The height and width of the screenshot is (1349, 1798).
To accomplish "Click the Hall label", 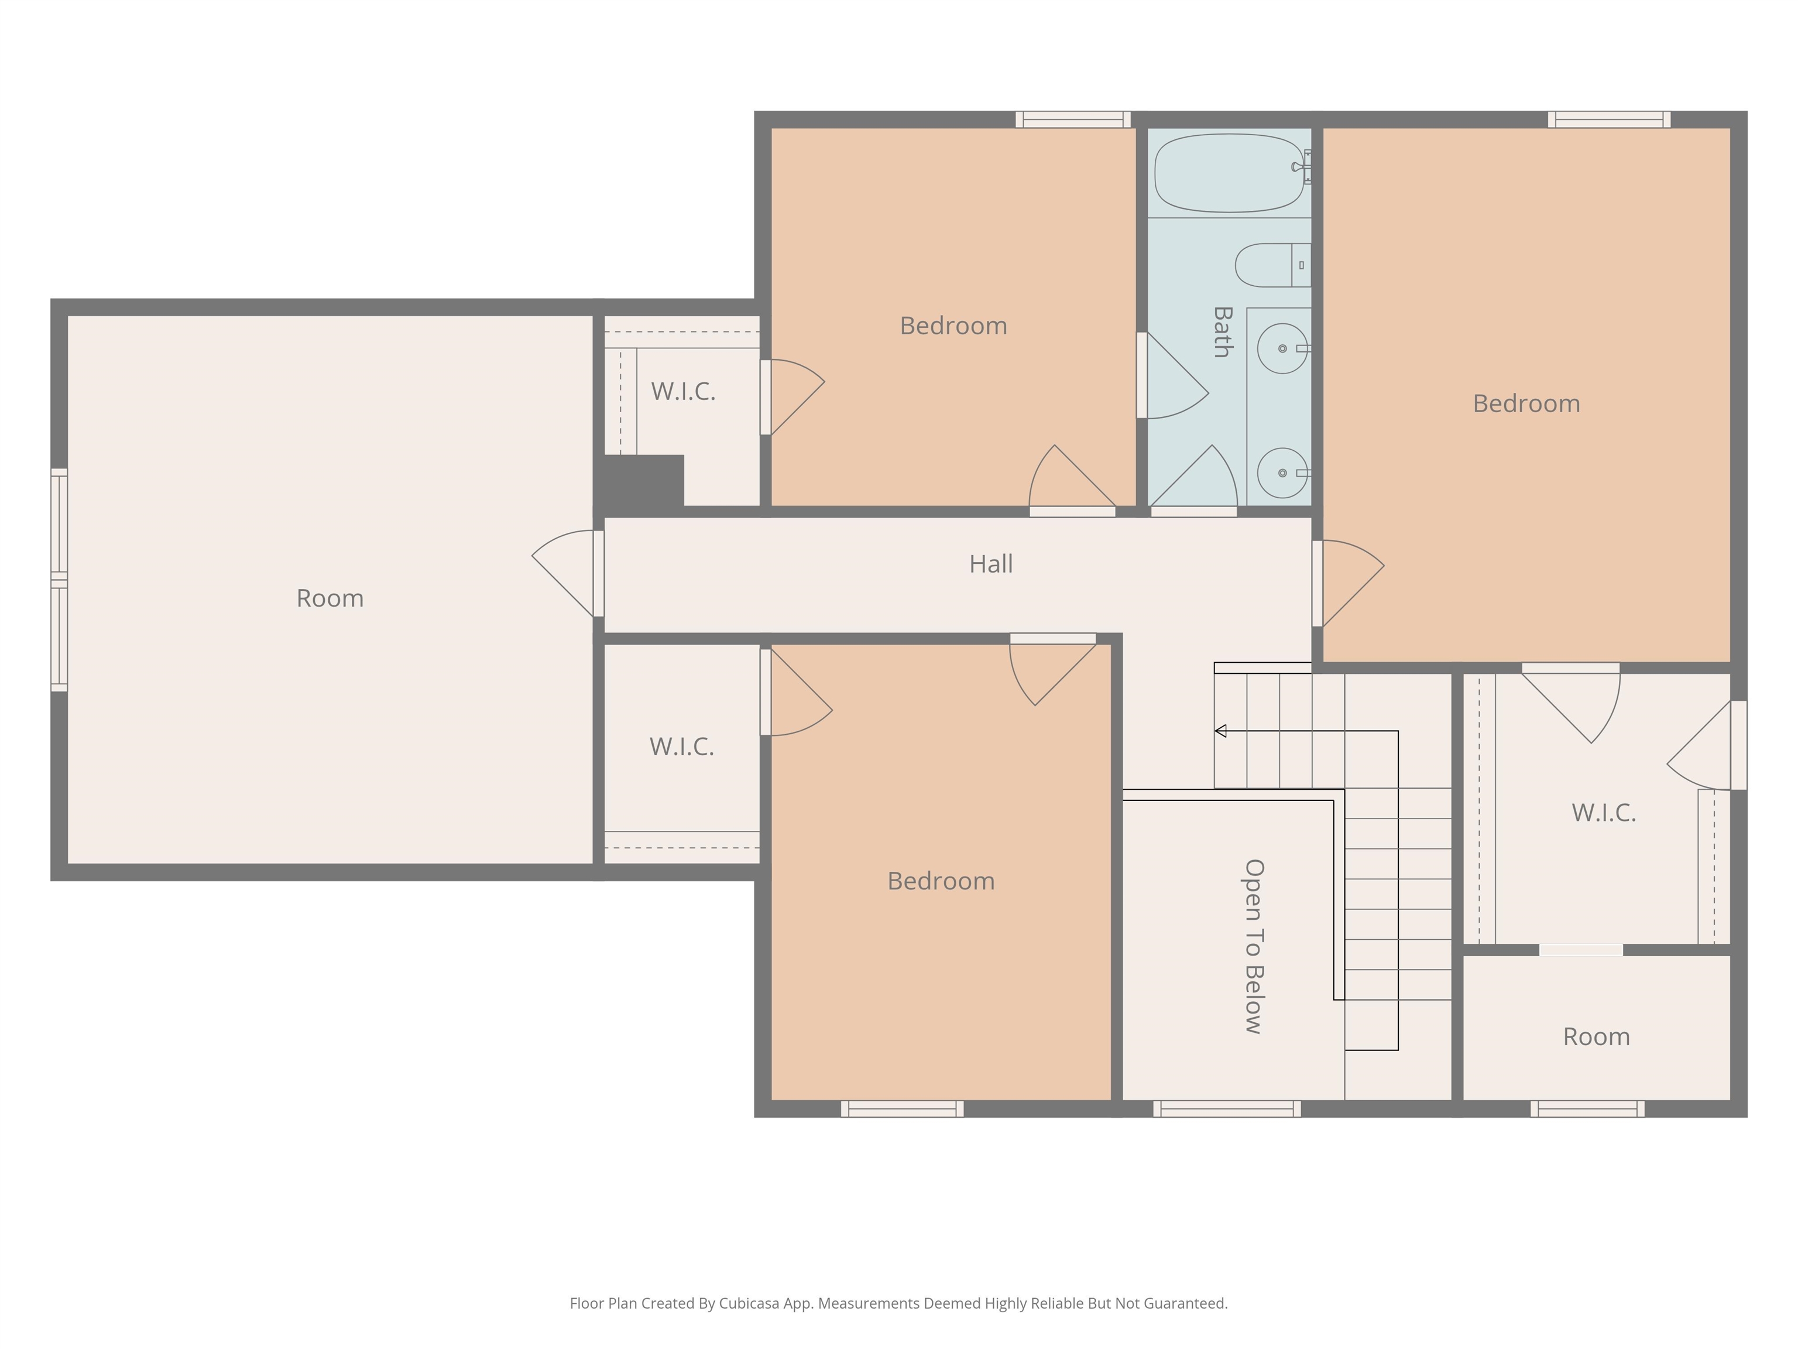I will (990, 563).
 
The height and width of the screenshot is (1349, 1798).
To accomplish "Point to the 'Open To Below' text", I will (1254, 946).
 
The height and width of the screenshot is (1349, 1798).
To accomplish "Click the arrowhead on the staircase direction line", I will (1220, 731).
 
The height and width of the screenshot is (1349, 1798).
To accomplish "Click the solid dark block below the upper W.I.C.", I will (642, 481).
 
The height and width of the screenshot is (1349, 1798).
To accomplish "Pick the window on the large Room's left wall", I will (59, 580).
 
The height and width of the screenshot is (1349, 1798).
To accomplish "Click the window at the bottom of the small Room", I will (1587, 1108).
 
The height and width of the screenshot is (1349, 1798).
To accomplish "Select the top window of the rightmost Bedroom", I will (1608, 119).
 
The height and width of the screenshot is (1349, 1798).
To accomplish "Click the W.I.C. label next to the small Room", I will (1603, 812).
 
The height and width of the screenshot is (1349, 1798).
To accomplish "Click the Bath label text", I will (1221, 332).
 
